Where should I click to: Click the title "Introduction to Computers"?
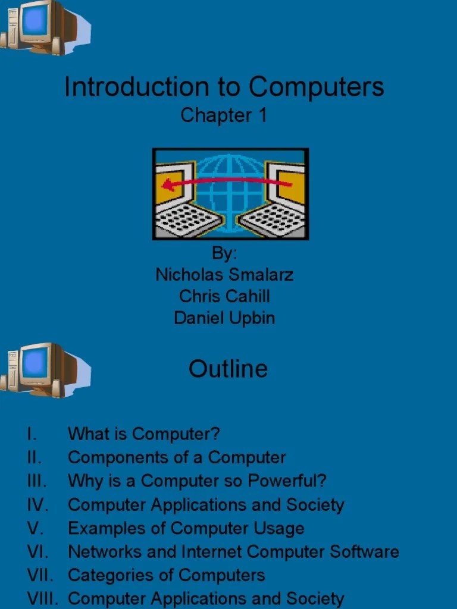point(224,87)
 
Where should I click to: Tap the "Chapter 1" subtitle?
point(224,115)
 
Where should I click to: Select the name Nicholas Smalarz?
point(224,274)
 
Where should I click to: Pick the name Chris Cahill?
point(224,296)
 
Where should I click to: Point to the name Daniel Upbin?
point(224,318)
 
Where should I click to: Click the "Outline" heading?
point(228,369)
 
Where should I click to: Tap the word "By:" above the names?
point(224,253)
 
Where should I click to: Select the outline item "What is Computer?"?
point(143,434)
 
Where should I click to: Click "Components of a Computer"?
point(177,457)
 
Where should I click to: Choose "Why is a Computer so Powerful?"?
point(197,481)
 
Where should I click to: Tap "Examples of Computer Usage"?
point(186,528)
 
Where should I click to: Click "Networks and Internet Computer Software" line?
point(233,551)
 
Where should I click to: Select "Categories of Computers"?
point(166,575)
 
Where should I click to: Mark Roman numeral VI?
point(37,551)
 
